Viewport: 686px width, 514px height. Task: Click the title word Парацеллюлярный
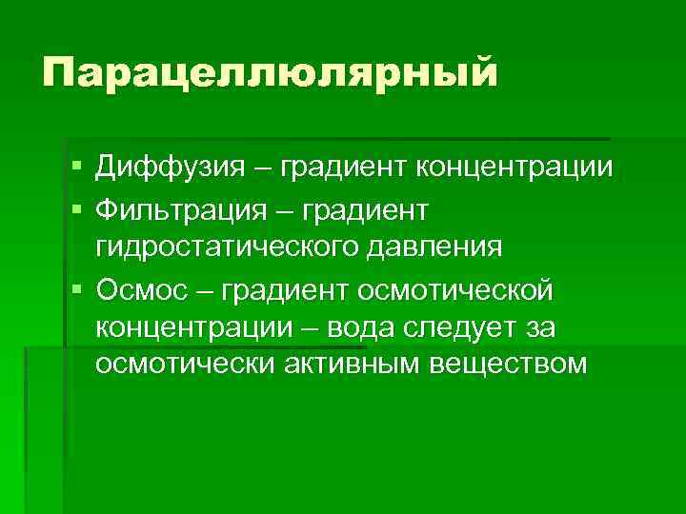tap(270, 74)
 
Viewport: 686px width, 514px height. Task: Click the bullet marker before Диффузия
tap(76, 168)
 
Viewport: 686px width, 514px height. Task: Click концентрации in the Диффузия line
tap(513, 168)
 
